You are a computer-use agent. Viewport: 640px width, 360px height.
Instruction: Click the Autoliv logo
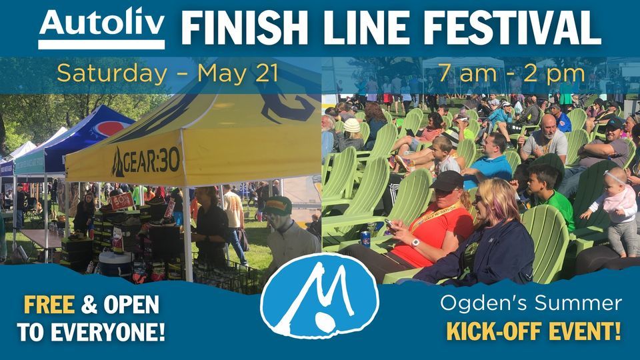(x=101, y=27)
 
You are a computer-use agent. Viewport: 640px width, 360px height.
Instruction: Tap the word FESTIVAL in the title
(x=513, y=28)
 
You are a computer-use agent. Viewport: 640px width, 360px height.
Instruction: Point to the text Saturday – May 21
(x=167, y=73)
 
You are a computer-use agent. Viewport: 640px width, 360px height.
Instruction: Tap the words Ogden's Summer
(x=531, y=304)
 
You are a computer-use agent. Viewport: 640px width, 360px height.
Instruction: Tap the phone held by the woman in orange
(x=390, y=226)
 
